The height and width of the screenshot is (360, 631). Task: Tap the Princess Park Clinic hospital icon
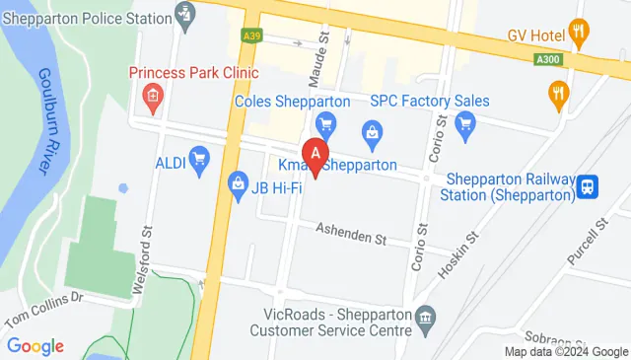tap(152, 96)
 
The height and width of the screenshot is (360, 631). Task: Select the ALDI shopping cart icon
tap(200, 158)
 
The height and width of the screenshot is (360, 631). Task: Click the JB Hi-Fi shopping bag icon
tap(238, 183)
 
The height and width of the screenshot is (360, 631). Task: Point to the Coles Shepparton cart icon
tap(325, 124)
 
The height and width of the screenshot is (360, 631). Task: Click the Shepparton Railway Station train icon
tap(589, 185)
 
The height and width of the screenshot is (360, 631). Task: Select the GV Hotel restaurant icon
tap(580, 35)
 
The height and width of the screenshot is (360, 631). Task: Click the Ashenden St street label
tap(350, 235)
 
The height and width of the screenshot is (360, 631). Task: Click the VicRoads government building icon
tap(426, 317)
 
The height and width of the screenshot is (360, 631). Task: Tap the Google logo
tap(35, 346)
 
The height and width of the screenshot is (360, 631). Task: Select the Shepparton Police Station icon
tap(185, 14)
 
